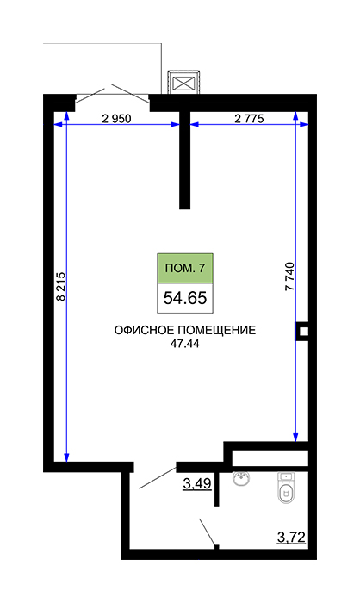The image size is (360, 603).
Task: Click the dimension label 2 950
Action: tap(116, 119)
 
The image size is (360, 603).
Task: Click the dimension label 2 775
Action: tap(249, 119)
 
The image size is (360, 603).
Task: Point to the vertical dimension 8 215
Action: tap(61, 287)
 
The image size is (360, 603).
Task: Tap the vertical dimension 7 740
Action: tap(289, 277)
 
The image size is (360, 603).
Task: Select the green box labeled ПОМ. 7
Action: tap(185, 268)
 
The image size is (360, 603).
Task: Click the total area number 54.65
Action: tap(185, 298)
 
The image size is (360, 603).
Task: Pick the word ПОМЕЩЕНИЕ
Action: tap(217, 330)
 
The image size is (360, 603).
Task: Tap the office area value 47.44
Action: tap(185, 344)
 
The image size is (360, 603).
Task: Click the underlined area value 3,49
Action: tap(197, 483)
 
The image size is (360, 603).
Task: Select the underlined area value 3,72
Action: tap(291, 537)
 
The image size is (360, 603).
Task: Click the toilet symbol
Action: tap(286, 488)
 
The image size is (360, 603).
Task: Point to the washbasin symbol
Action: tap(241, 478)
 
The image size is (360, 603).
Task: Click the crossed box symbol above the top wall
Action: tap(183, 83)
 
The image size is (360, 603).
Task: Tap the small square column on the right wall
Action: tap(302, 332)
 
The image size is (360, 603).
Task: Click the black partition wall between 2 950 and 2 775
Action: tap(185, 160)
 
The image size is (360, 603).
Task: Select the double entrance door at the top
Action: tap(112, 93)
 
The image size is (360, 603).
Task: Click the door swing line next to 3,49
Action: tap(158, 478)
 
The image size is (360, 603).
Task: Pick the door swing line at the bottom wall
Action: tap(207, 532)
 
